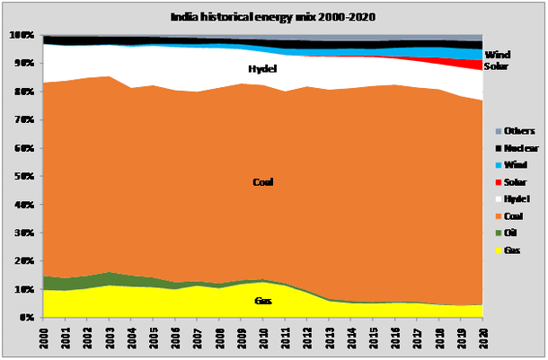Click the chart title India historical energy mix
tap(272, 16)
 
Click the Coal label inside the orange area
tap(262, 182)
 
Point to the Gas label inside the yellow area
tap(262, 300)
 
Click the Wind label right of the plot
tap(496, 56)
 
